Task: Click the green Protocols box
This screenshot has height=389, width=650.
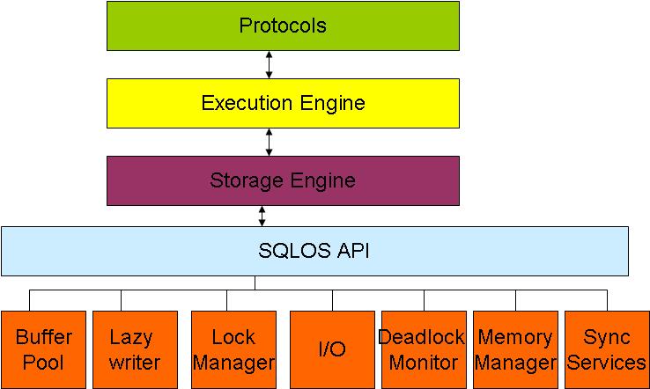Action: (x=283, y=26)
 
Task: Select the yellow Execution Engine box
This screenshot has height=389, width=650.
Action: (x=283, y=103)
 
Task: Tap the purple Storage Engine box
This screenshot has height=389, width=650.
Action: (x=283, y=180)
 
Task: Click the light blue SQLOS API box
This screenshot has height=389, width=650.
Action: (x=314, y=251)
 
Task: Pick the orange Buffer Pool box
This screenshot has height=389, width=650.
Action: (x=43, y=349)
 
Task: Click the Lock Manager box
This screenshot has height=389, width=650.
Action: (x=233, y=349)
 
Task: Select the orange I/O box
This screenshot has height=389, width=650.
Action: (x=332, y=349)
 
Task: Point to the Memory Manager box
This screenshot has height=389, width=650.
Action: (x=515, y=349)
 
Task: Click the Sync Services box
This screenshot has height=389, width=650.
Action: (x=607, y=349)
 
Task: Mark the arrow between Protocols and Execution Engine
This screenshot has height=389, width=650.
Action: (x=269, y=64)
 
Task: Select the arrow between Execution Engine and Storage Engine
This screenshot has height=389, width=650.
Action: (x=269, y=142)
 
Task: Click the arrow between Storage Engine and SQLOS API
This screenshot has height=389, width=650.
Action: (x=262, y=216)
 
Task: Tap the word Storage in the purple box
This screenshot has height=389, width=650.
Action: (x=242, y=180)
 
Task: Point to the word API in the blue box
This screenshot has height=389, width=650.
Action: (x=351, y=251)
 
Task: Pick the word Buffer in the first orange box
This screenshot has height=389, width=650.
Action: (x=43, y=337)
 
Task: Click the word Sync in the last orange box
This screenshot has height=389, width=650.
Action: (x=608, y=337)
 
